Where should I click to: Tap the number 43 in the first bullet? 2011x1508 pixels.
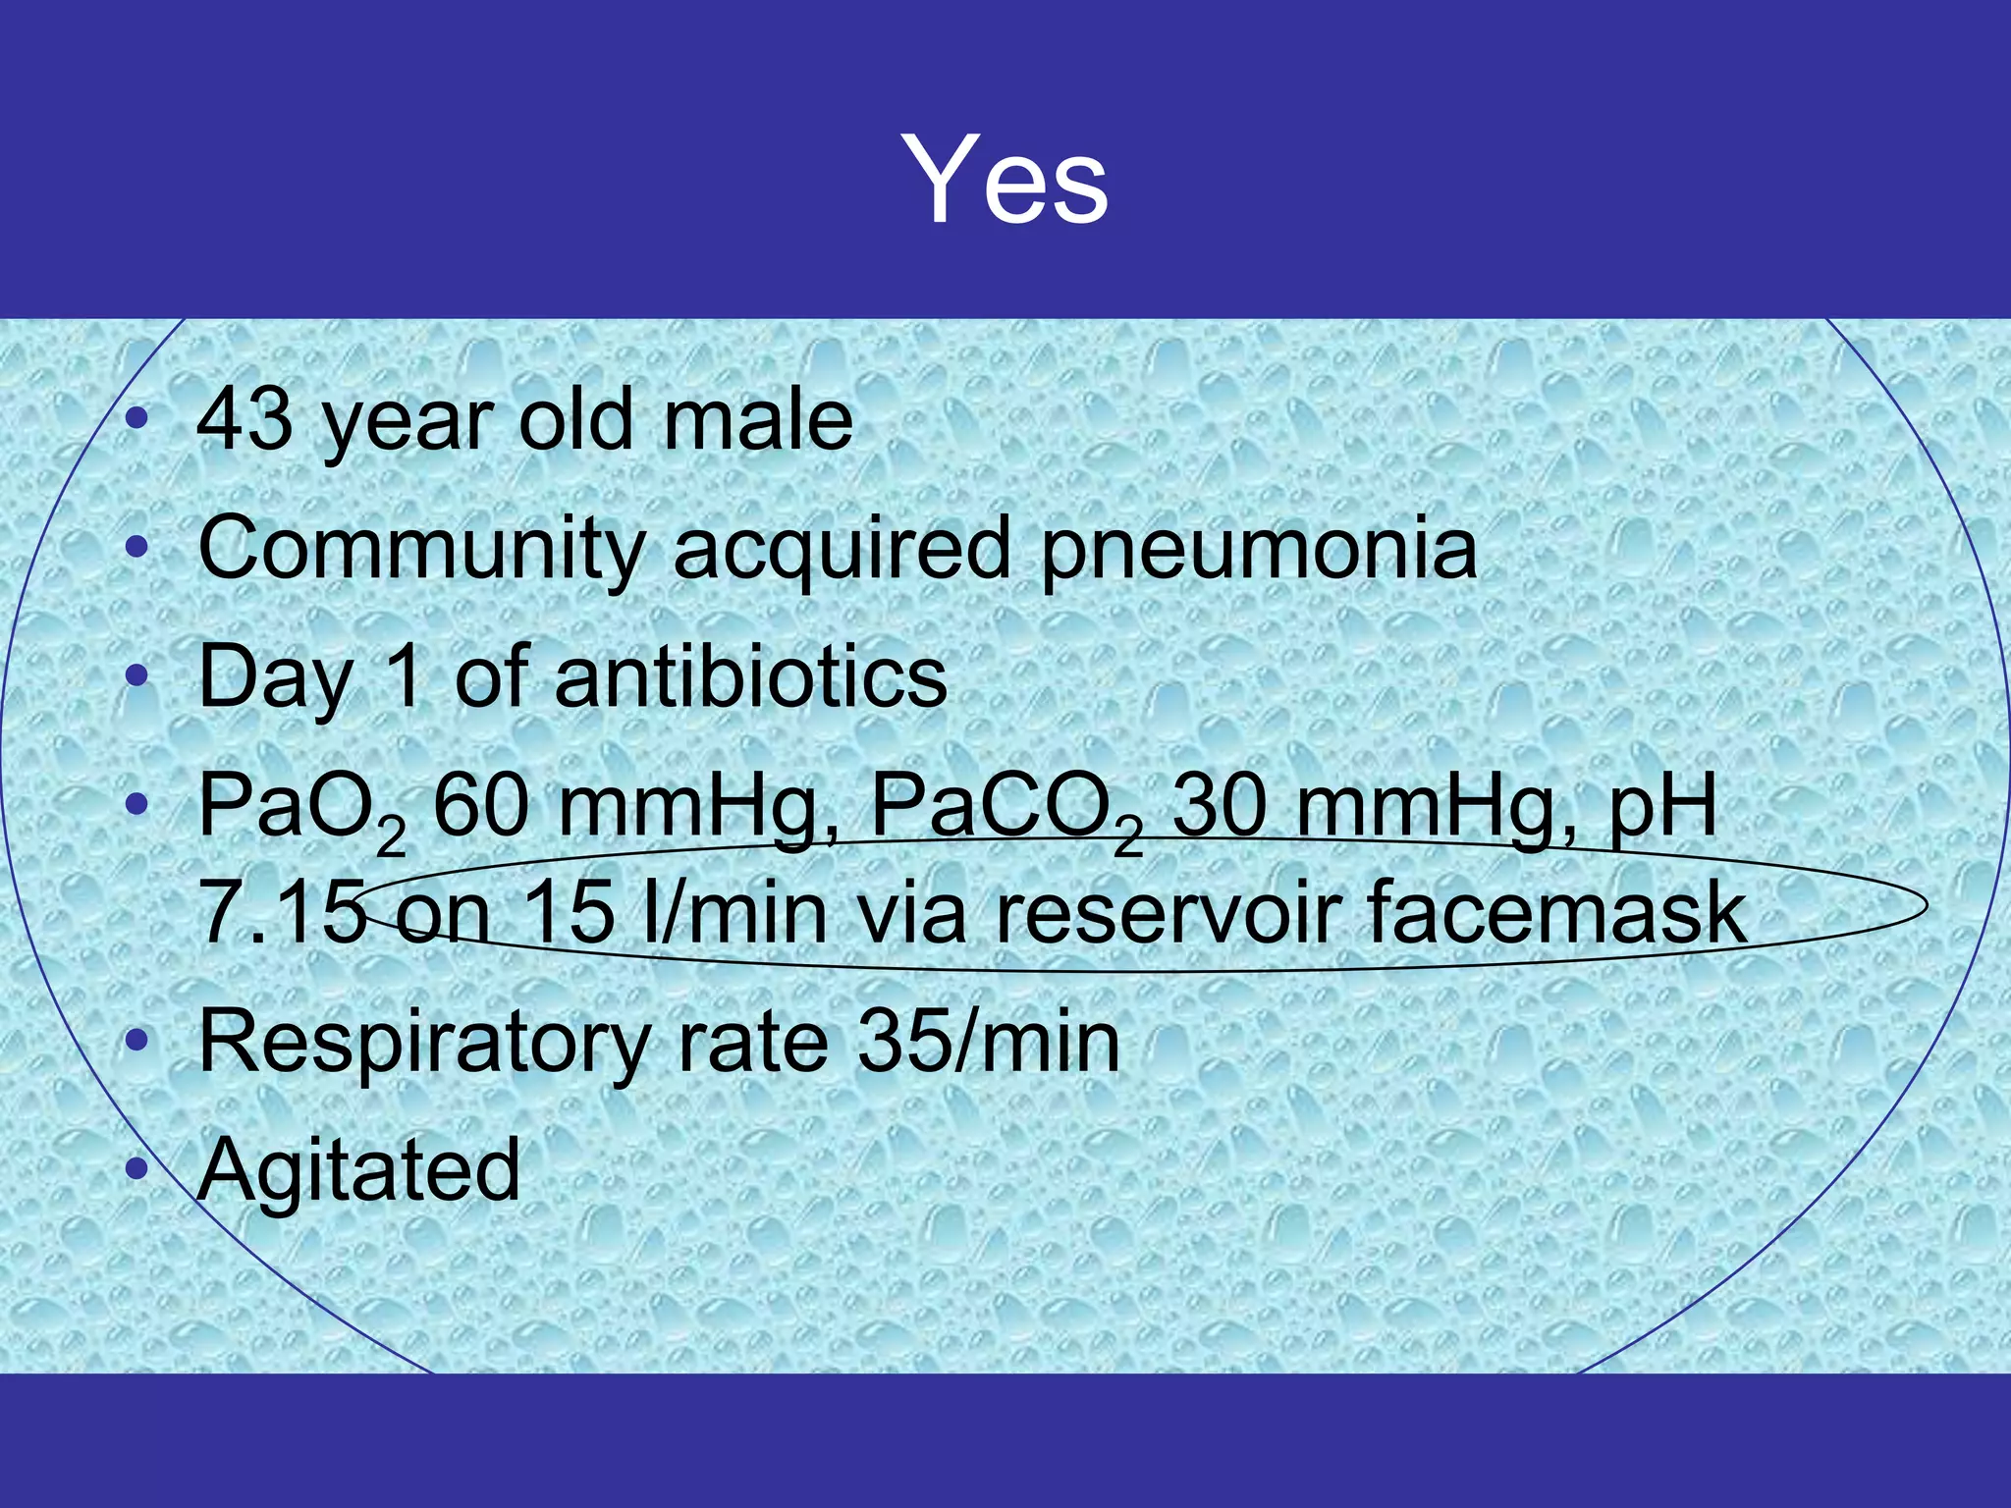coord(245,420)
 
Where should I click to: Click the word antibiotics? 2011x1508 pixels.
coord(751,676)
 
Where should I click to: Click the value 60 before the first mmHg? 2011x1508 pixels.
coord(482,805)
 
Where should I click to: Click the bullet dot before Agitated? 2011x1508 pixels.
coord(138,1168)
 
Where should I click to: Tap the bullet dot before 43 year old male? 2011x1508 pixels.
coord(138,420)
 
